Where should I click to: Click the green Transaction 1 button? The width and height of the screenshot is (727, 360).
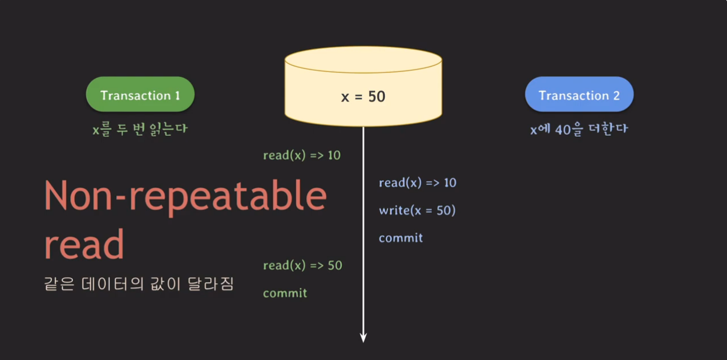140,95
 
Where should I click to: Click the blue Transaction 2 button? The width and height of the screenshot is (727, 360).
579,95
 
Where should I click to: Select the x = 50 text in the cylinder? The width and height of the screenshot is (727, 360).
363,96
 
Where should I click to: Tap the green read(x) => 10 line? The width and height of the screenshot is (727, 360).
301,155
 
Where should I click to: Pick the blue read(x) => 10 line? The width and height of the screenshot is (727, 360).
417,183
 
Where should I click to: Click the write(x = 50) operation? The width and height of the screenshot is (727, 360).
417,210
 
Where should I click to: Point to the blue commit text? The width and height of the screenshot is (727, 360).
401,237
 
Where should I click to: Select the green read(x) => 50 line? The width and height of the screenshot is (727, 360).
302,265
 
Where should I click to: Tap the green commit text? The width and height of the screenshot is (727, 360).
285,293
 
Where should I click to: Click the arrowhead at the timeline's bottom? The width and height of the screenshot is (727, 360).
363,337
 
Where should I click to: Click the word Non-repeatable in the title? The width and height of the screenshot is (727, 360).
185,196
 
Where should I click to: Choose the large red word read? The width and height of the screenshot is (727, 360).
84,244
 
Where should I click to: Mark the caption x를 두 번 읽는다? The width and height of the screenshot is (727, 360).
140,130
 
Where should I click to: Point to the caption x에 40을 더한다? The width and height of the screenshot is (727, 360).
579,129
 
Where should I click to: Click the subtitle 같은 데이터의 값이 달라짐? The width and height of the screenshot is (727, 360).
139,284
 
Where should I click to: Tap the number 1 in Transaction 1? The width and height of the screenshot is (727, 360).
177,95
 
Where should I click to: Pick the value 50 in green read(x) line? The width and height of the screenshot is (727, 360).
335,265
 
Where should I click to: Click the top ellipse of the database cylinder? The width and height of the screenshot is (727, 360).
363,59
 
